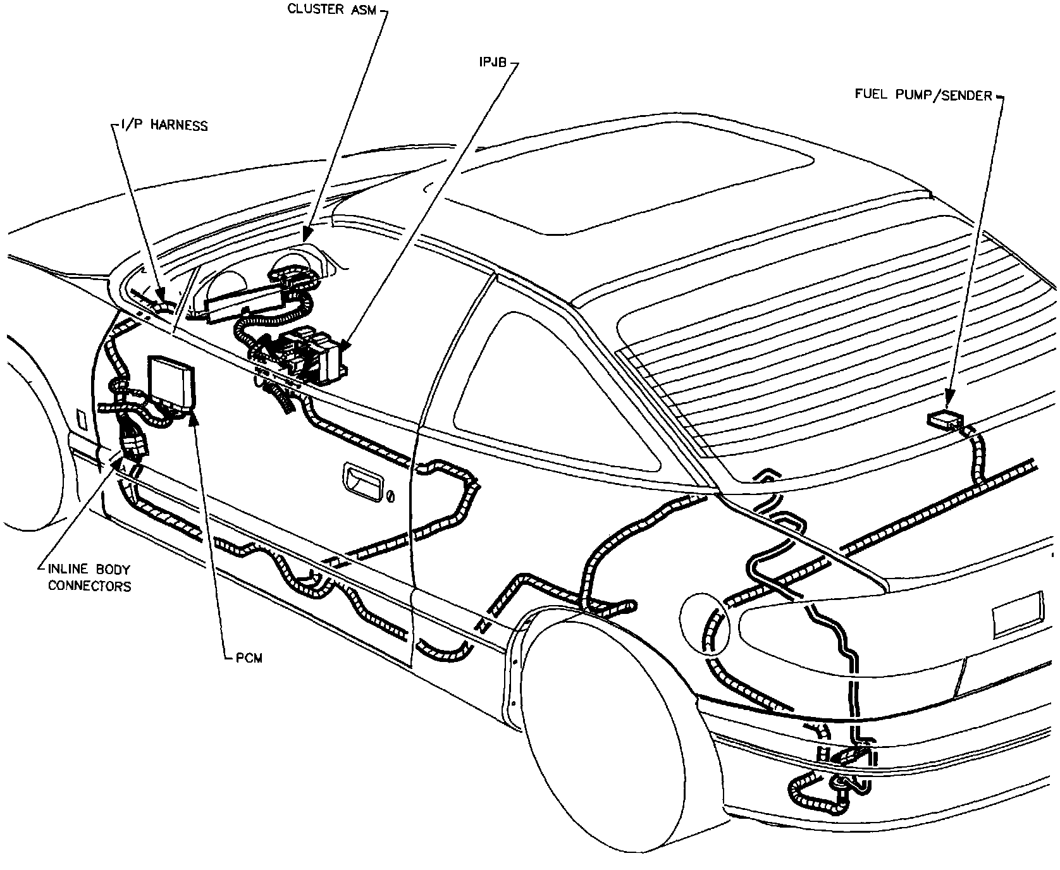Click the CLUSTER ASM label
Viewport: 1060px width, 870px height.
point(331,9)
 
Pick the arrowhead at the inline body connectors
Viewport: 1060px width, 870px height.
point(118,463)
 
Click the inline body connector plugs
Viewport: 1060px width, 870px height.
point(133,440)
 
